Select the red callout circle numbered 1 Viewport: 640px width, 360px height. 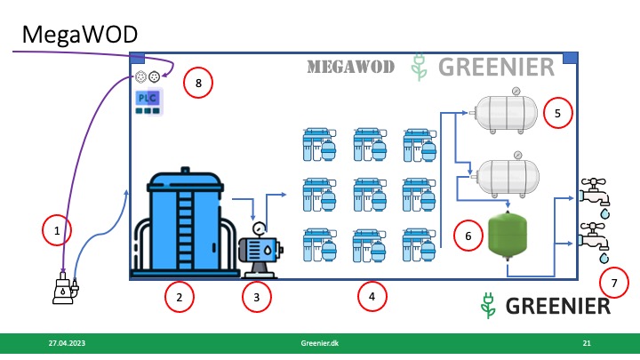click(57, 232)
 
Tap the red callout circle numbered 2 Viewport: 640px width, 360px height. click(180, 297)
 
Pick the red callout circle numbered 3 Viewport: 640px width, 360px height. click(257, 297)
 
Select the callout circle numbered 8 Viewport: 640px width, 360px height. click(198, 84)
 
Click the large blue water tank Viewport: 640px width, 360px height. click(183, 222)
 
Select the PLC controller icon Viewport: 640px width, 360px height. click(148, 100)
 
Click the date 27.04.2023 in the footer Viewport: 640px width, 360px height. click(67, 342)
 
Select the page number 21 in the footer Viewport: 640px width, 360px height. click(587, 342)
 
